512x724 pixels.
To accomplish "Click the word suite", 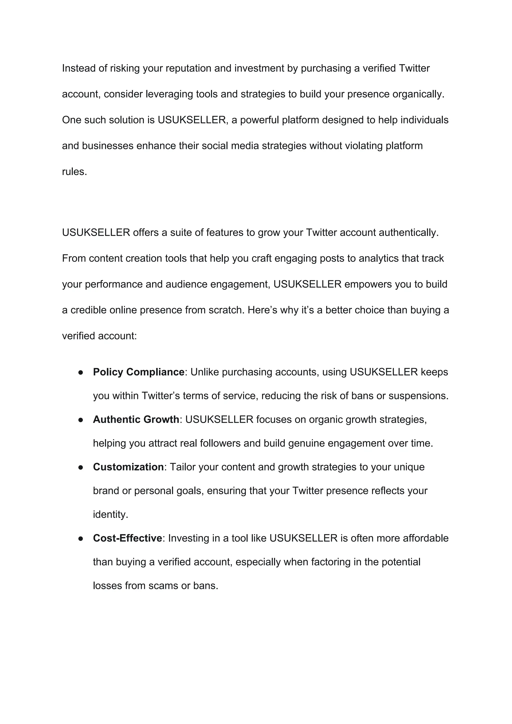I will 181,232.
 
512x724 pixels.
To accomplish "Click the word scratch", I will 226,310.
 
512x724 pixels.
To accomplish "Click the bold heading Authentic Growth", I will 136,419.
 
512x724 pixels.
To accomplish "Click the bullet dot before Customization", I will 81,467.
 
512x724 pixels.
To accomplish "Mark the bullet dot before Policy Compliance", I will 81,372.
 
